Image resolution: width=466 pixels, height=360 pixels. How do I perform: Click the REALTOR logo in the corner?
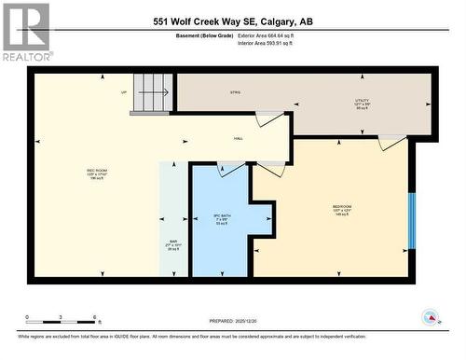coord(26,33)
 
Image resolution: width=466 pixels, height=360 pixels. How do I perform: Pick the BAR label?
coord(171,246)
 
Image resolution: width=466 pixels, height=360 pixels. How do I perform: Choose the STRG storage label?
coord(236,92)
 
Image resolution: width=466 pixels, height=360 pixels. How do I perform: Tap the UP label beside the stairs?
coord(123,92)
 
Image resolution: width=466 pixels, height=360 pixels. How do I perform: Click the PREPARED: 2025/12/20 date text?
coord(233,320)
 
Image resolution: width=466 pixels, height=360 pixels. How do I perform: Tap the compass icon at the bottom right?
coord(432,317)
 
